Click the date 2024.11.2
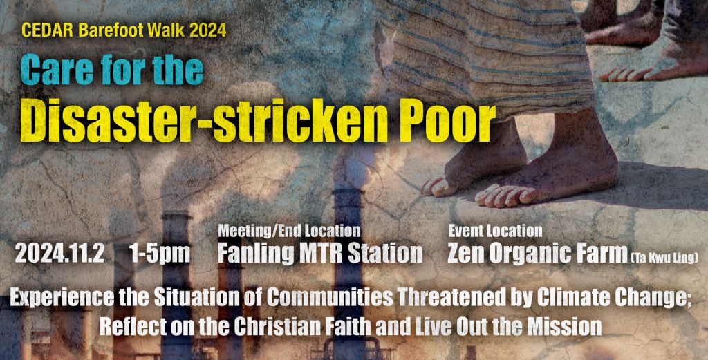click(60, 254)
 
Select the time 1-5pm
click(160, 254)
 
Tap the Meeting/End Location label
click(289, 231)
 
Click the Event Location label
click(495, 231)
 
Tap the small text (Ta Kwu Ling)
click(664, 258)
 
